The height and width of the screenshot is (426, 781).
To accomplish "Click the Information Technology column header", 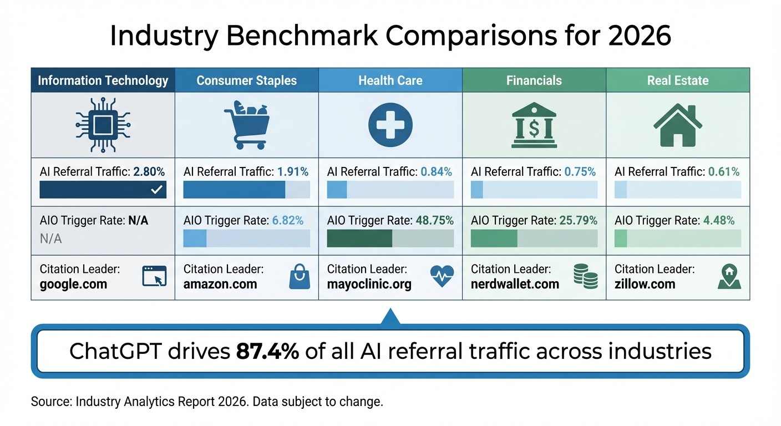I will [x=103, y=80].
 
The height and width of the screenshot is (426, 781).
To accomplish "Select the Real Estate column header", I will [x=678, y=80].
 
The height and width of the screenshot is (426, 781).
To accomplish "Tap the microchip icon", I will [x=103, y=125].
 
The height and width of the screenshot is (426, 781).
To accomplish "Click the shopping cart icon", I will [x=246, y=125].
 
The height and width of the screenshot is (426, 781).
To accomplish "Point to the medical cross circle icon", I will [x=390, y=125].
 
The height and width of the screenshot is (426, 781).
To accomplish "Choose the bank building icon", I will [x=534, y=125].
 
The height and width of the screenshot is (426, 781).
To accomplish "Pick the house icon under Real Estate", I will [x=678, y=125].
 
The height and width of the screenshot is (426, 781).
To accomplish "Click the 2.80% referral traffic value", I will [x=150, y=172].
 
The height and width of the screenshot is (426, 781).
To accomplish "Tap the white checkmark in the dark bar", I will [x=157, y=190].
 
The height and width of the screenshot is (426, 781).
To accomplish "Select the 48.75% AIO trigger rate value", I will [x=434, y=221].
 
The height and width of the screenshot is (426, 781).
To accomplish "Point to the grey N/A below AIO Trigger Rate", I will [x=50, y=239].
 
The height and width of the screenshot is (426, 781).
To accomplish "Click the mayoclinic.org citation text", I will [x=369, y=285].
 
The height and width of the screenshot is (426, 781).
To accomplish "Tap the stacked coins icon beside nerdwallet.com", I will [x=585, y=276].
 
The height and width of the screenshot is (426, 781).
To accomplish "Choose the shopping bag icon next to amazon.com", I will [x=297, y=276].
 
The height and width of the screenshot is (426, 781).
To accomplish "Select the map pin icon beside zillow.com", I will [x=729, y=276].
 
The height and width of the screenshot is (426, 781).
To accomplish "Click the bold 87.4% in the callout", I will [x=268, y=351].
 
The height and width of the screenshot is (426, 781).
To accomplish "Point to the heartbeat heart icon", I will [x=442, y=276].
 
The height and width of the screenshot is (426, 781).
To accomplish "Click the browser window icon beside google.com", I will [x=154, y=276].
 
